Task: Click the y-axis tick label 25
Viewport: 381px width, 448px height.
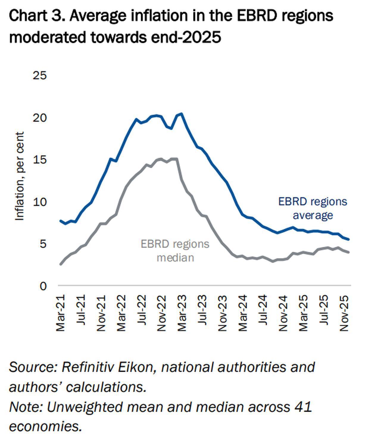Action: coord(40,76)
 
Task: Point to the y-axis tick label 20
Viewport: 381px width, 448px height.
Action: coord(40,118)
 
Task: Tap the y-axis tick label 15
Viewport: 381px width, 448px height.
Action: coord(40,160)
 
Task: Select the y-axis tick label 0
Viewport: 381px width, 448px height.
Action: coord(43,286)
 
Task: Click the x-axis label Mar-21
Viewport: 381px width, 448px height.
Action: coord(60,313)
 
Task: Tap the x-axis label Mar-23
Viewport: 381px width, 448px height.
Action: coord(181,313)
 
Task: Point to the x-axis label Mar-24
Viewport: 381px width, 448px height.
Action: coord(243,313)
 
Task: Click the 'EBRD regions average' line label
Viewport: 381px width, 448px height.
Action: coord(313,208)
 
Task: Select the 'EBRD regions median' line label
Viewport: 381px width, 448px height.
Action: coord(175,251)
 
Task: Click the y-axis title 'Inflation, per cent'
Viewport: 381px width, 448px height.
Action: coord(19,176)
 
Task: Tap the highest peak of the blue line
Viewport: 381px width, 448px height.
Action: coord(181,114)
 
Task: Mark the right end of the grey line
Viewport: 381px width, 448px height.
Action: coord(348,252)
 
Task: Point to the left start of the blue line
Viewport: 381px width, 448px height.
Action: coord(61,221)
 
